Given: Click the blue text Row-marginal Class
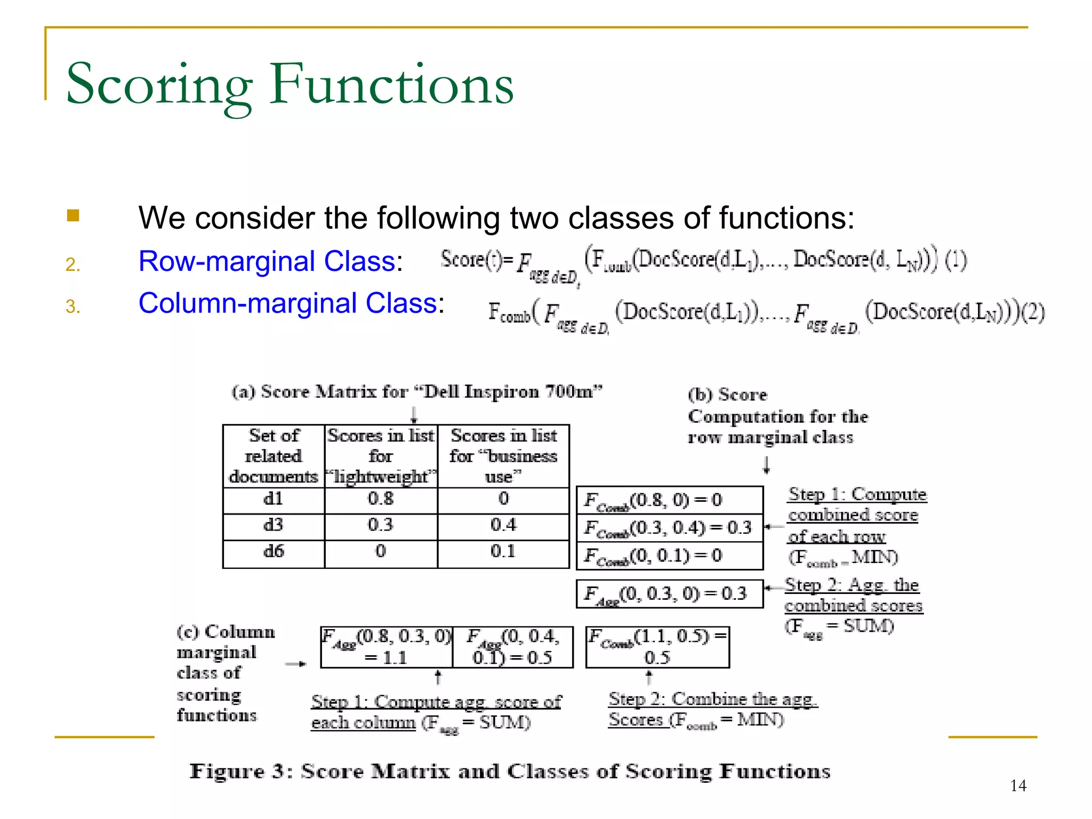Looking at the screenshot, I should (x=267, y=261).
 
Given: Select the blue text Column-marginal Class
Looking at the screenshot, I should (x=288, y=303).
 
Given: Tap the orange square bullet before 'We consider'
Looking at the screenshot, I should (x=73, y=215).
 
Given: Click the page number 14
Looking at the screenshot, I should (x=1018, y=785).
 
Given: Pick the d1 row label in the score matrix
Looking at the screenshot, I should (x=273, y=499).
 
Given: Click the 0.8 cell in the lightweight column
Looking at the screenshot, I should (x=380, y=499).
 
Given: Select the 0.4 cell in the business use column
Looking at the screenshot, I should (x=503, y=525).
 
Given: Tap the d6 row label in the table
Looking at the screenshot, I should (x=273, y=551).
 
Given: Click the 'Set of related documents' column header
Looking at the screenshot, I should (x=273, y=456).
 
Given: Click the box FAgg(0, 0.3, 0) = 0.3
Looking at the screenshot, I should (x=669, y=594).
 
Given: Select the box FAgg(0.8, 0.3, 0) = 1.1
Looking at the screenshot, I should (x=386, y=647).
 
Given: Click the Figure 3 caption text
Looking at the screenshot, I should (x=510, y=772).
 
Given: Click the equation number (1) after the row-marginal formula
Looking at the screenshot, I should (x=955, y=260).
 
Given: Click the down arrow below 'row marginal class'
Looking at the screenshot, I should (x=766, y=465).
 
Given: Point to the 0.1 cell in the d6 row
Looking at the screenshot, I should (x=503, y=551).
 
